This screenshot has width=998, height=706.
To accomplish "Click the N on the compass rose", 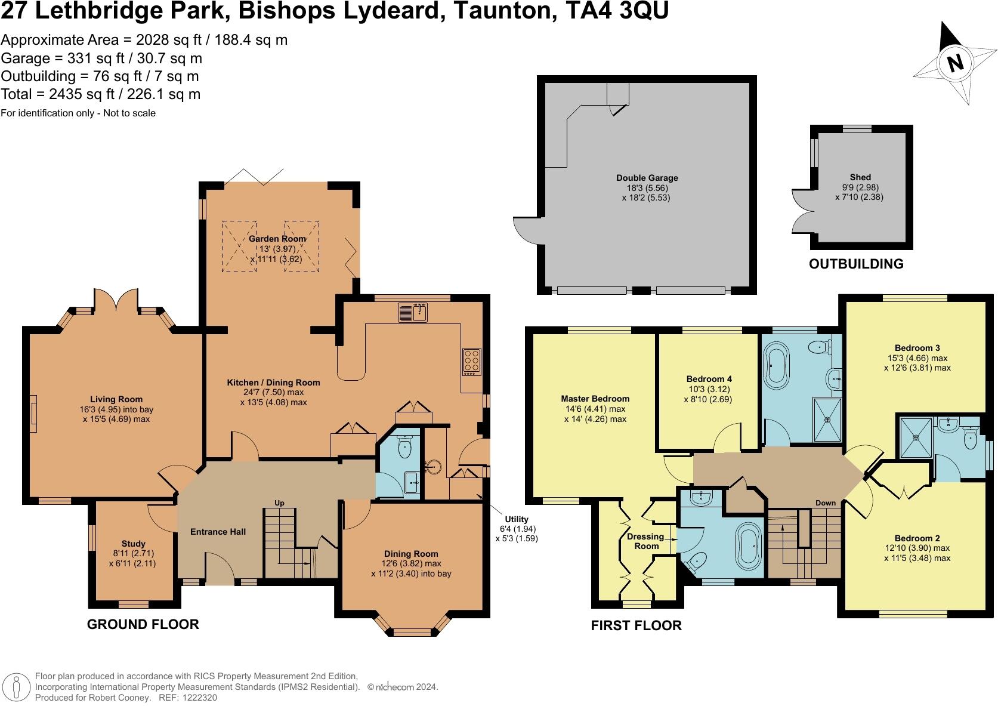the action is point(955,63).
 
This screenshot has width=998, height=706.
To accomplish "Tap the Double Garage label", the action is point(647,178).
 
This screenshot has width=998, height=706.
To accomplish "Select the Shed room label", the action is point(860,177).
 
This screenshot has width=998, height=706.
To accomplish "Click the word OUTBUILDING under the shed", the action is point(856,264).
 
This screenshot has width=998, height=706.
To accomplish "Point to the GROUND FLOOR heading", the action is point(143,624).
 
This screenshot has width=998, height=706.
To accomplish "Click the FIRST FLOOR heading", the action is point(637,625).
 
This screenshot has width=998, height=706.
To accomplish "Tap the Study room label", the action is point(133,544).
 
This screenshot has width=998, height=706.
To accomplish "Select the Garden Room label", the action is point(277,239).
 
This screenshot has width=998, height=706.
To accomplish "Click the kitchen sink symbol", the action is point(413,312).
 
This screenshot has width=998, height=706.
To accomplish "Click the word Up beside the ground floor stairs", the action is point(279,503).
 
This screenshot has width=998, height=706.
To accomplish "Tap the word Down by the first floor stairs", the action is point(826,502).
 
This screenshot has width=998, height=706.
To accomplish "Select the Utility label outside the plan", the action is point(517,519).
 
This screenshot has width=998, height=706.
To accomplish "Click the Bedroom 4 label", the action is point(709,379).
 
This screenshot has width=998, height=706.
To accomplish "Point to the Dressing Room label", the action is point(645,541).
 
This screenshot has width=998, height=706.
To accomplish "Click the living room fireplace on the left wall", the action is point(33,414).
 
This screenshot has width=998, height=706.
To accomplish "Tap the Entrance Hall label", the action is point(218,532).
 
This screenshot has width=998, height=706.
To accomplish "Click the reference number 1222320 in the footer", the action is point(200,698).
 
